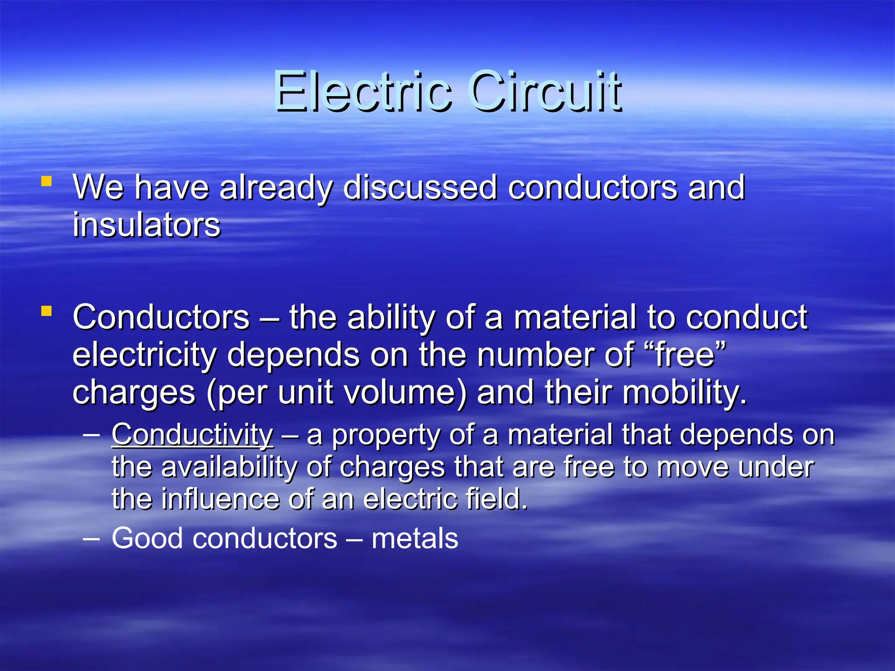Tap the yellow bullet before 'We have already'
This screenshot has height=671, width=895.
click(46, 181)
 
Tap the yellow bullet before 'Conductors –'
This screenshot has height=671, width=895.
click(46, 311)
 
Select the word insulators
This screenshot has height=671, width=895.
click(147, 225)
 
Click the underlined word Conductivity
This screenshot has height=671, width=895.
click(193, 435)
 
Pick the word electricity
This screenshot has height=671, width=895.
click(144, 356)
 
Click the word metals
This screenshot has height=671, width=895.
click(415, 538)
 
